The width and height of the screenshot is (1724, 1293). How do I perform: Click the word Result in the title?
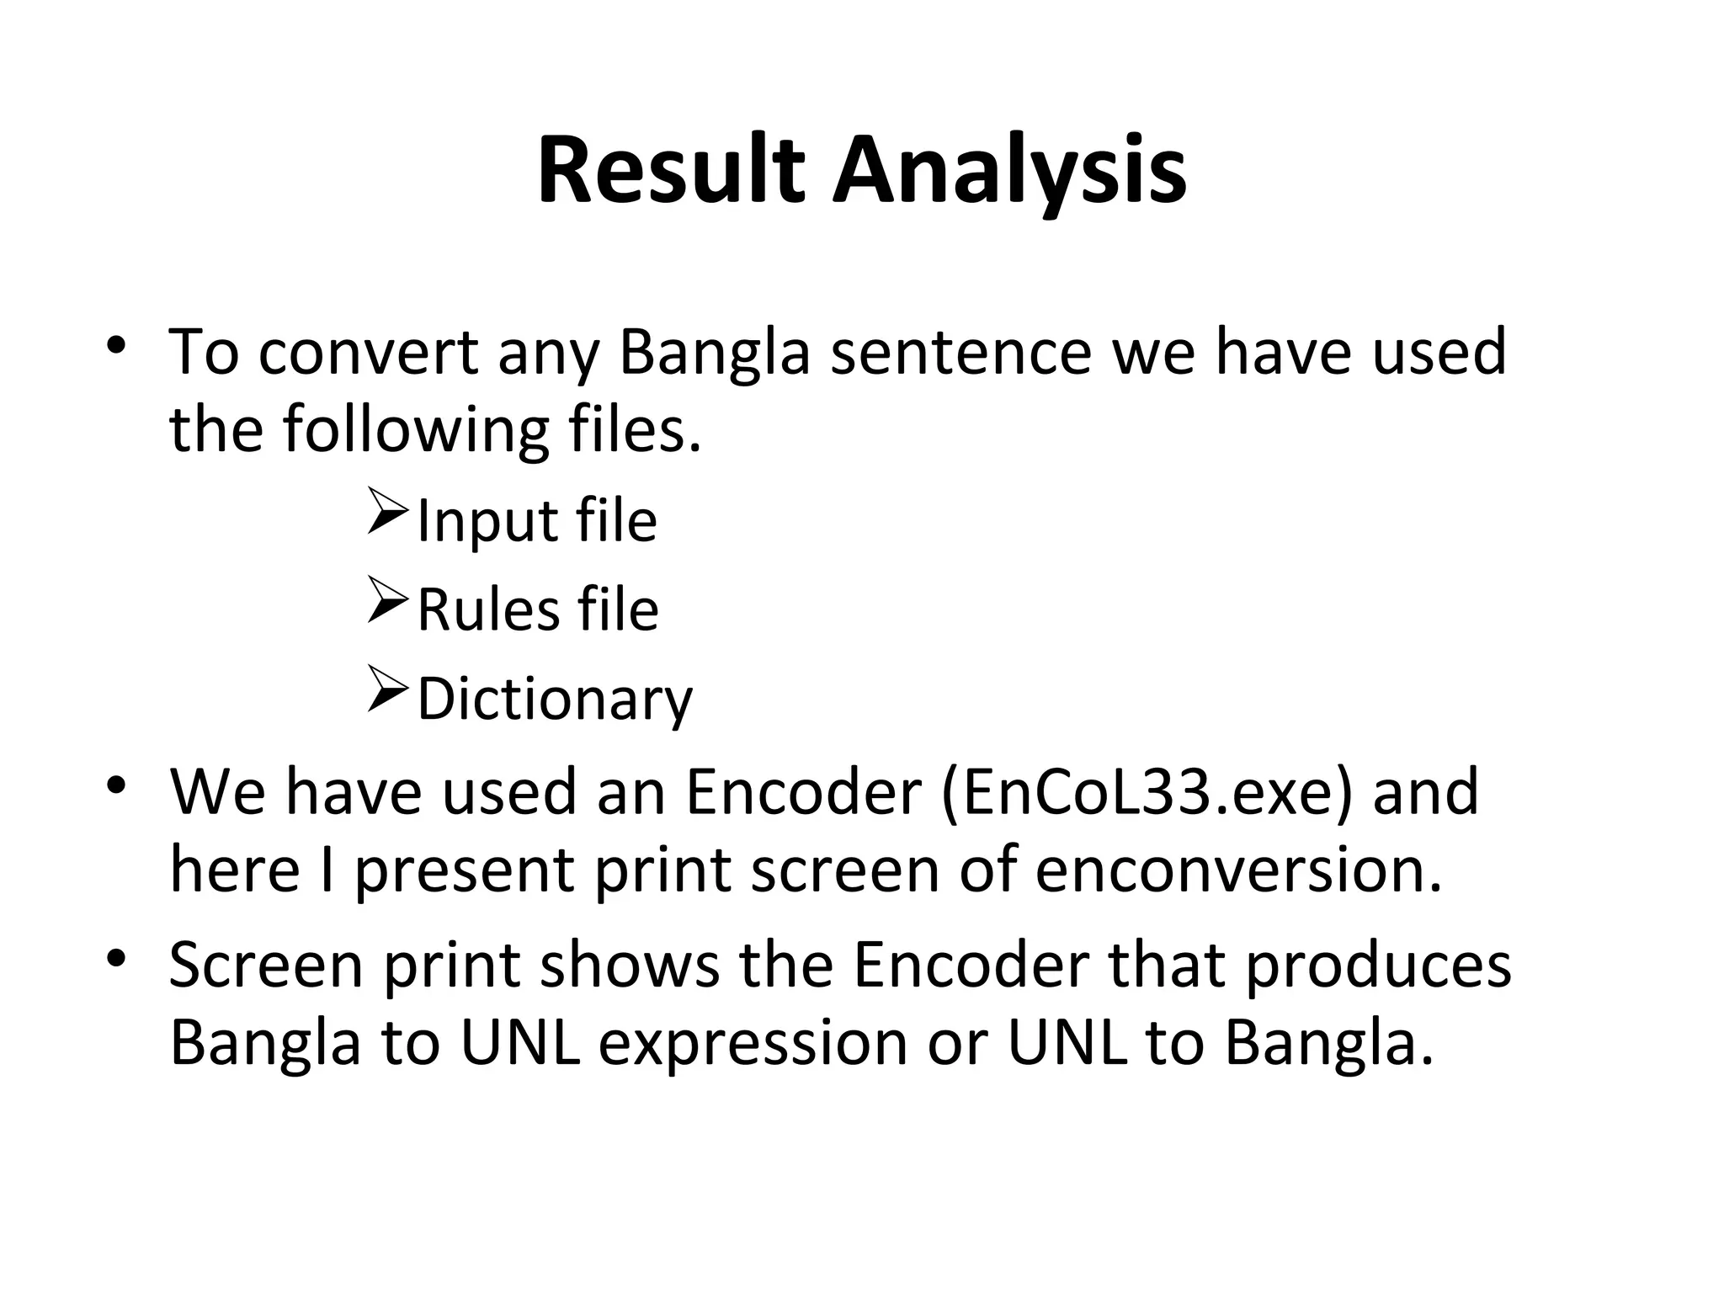pos(671,171)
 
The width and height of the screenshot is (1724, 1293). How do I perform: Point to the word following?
pos(415,429)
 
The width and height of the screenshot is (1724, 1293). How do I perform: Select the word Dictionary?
pos(555,700)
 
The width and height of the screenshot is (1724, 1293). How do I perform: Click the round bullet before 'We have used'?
pos(116,786)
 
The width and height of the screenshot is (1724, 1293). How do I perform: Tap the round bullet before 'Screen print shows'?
pos(116,958)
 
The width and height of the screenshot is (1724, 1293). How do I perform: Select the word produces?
pos(1378,966)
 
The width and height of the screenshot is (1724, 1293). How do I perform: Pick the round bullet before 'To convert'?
pos(116,346)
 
